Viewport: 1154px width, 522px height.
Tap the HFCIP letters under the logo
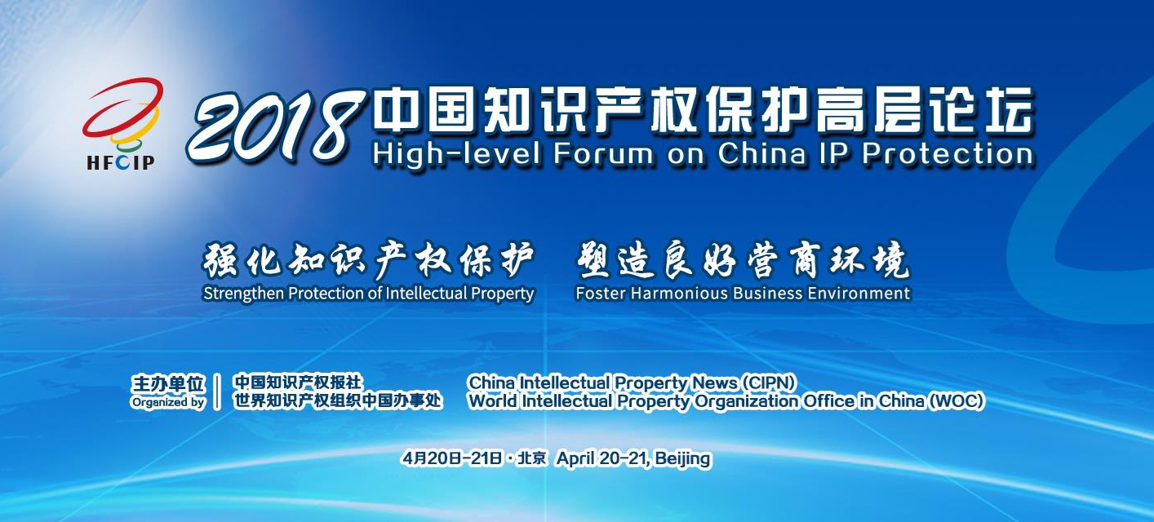pos(121,162)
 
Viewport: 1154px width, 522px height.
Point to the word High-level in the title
pos(456,154)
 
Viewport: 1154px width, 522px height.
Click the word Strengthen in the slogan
pos(244,294)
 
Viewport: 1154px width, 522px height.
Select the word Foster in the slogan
pos(600,294)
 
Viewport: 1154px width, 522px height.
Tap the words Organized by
pos(168,402)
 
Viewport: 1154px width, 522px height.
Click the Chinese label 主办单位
pos(168,383)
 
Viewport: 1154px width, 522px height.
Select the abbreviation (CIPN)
pos(768,383)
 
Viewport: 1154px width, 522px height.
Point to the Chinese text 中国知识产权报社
pos(298,383)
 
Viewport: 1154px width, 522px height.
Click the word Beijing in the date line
pos(683,458)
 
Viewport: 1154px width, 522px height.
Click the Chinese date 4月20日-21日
pos(452,458)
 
